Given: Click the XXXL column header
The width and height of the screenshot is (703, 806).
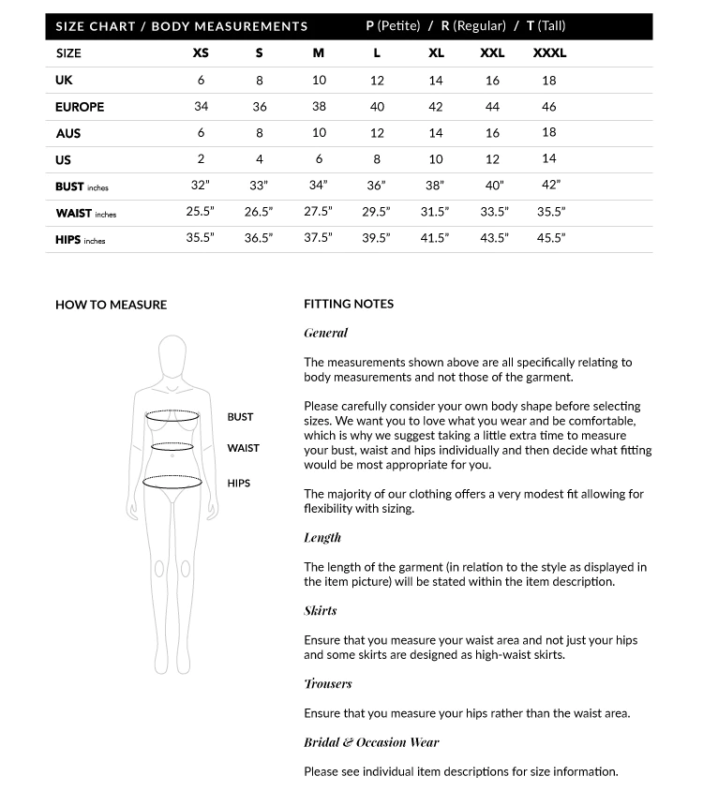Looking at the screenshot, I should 549,53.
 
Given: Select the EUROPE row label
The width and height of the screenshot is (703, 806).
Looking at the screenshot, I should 80,107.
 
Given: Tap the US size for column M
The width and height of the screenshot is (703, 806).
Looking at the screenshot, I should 319,159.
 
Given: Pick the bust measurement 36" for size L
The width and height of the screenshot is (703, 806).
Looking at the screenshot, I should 377,186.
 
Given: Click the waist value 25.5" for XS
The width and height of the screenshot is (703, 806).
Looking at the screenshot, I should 201,212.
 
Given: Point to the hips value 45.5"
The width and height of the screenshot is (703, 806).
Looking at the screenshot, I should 550,238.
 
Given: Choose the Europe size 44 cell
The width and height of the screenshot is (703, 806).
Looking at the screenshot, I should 492,107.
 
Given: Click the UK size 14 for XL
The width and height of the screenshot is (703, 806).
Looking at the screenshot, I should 436,81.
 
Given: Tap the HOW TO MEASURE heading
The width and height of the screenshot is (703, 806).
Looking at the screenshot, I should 111,305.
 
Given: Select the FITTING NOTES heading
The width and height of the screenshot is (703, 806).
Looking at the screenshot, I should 349,304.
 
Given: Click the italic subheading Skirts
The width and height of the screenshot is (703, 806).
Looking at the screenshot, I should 321,611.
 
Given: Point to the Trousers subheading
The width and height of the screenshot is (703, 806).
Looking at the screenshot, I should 328,684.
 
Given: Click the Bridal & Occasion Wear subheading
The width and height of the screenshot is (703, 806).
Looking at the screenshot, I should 371,742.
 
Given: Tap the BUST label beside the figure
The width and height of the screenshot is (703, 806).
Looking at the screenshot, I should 240,417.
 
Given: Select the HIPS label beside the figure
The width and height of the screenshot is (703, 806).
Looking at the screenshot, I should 239,484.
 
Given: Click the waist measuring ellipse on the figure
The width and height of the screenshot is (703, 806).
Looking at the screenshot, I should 172,447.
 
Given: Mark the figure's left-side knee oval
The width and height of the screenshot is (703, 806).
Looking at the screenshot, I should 159,567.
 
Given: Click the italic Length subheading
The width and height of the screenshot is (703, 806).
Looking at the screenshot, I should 322,538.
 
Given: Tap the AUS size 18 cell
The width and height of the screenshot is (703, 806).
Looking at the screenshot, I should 549,133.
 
